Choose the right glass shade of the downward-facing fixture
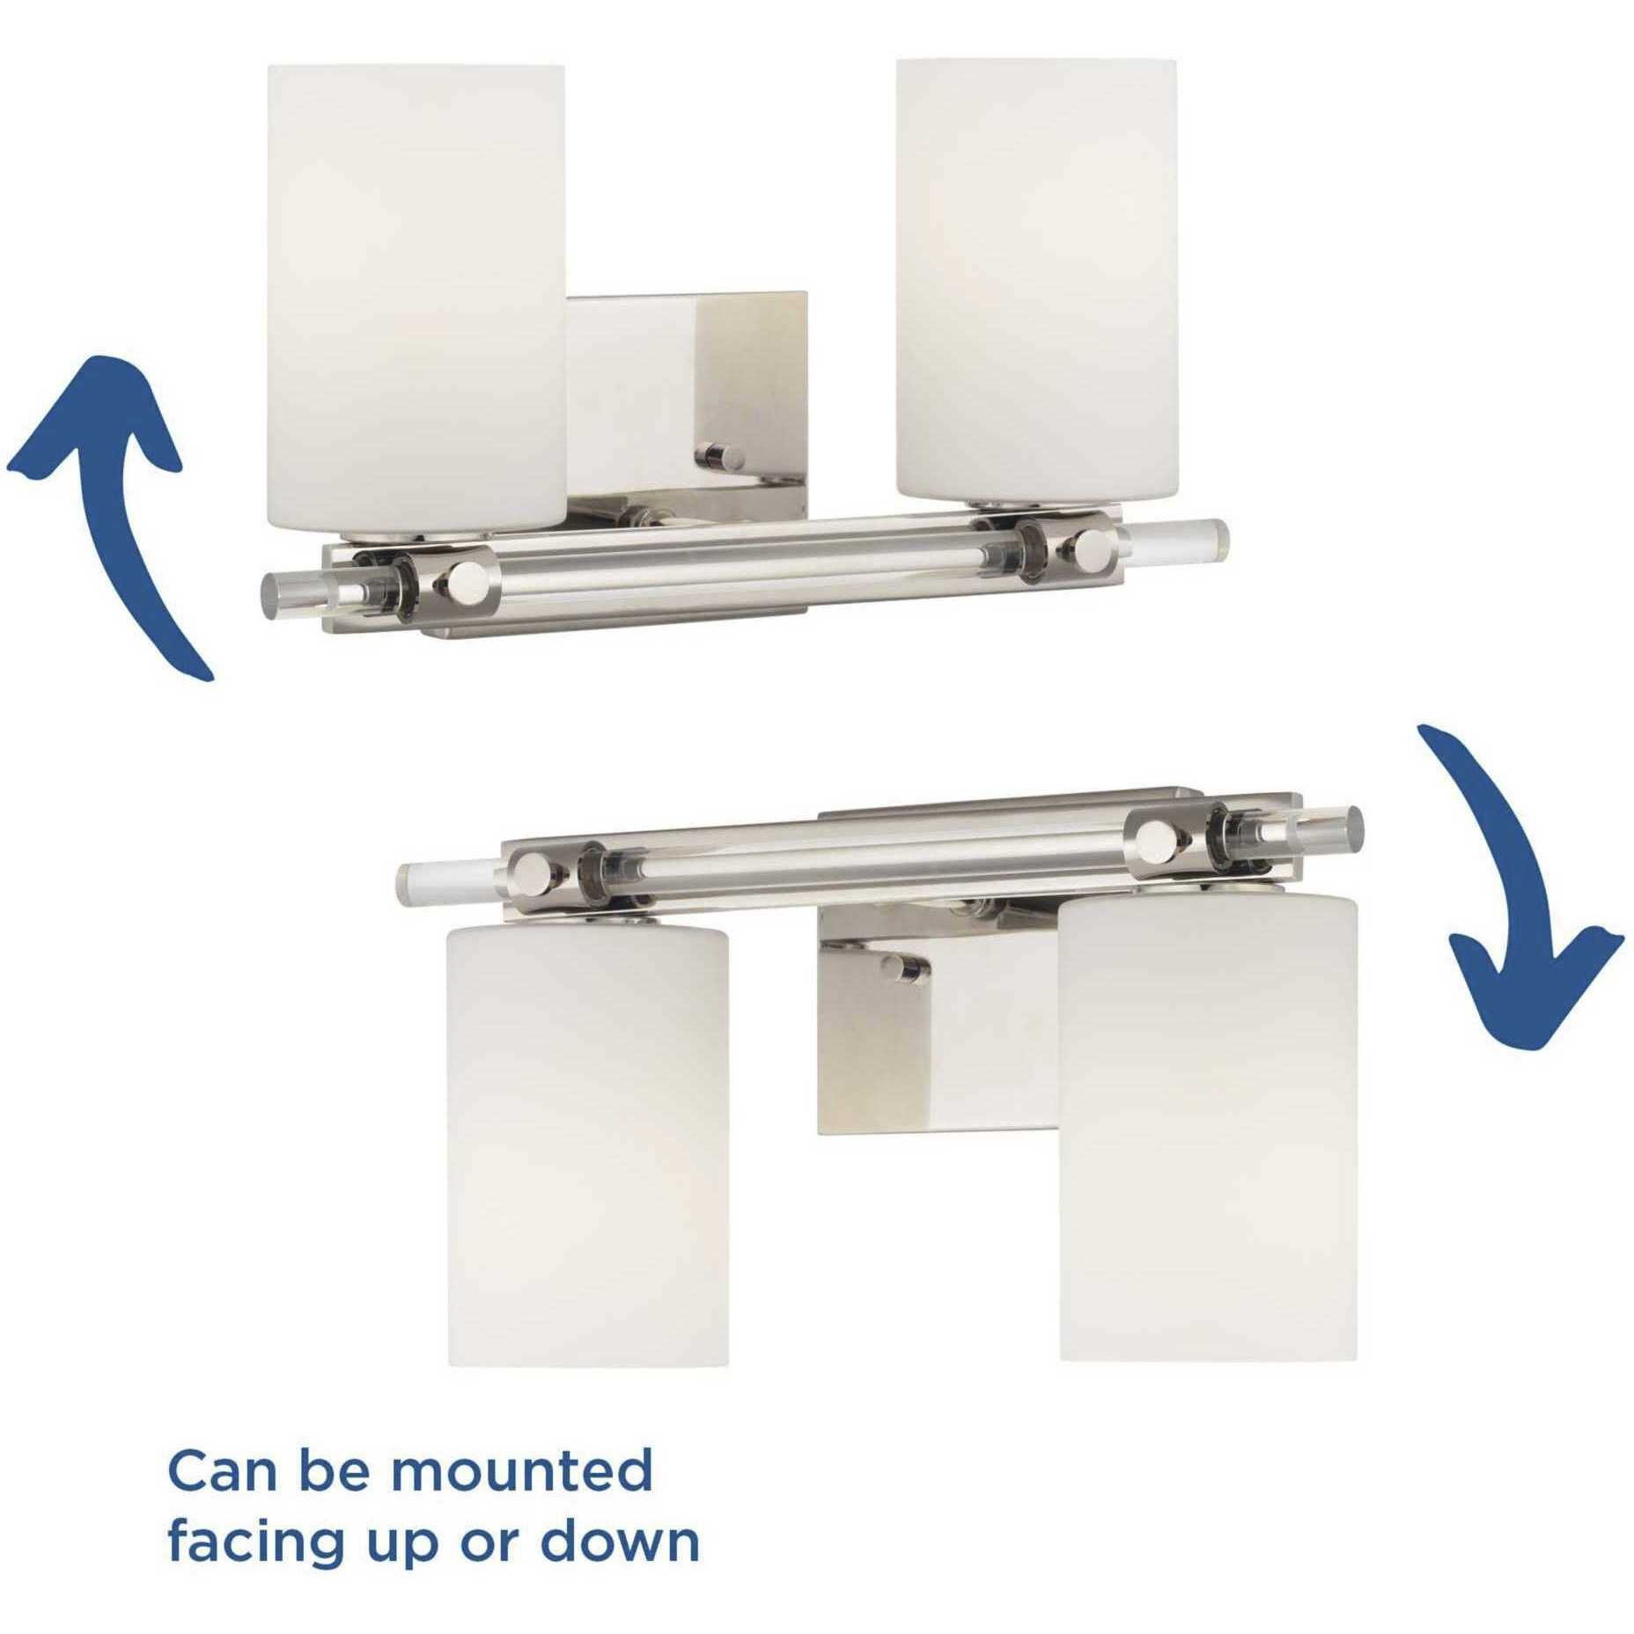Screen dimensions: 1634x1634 pyautogui.click(x=1207, y=1122)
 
